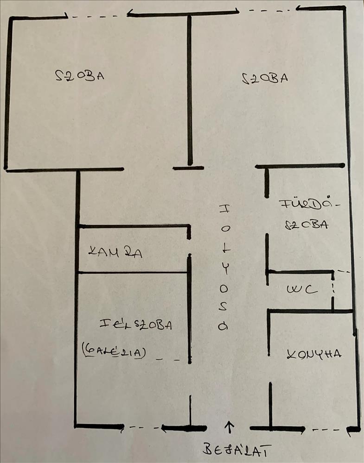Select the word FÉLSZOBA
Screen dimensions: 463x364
pos(135,325)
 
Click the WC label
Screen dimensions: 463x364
pos(301,290)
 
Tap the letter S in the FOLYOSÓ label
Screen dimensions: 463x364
pos(224,307)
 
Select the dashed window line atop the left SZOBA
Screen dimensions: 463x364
pos(97,17)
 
